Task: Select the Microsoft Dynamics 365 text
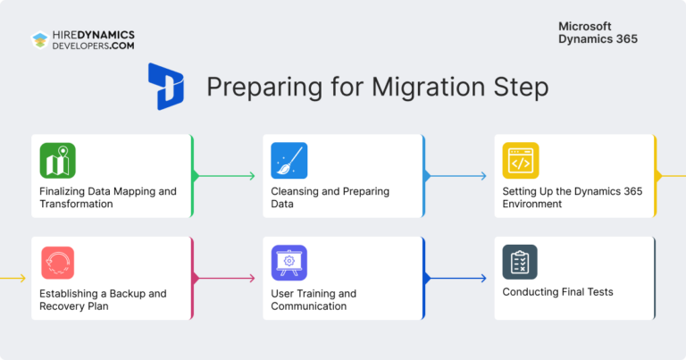click(x=598, y=33)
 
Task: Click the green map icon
click(x=57, y=161)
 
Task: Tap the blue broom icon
click(x=289, y=161)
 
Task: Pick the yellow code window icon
click(x=520, y=161)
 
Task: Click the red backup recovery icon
click(x=57, y=263)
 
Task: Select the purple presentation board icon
click(x=289, y=263)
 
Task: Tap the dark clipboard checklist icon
click(x=520, y=263)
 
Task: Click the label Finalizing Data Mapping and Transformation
click(x=107, y=197)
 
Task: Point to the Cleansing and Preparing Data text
click(x=330, y=197)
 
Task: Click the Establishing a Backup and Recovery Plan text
click(x=103, y=299)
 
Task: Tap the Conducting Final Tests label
click(x=557, y=292)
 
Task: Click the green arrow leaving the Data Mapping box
click(x=224, y=176)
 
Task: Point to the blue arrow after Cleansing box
click(x=456, y=176)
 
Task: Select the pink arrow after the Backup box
click(x=224, y=278)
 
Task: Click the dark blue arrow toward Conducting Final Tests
click(x=456, y=278)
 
